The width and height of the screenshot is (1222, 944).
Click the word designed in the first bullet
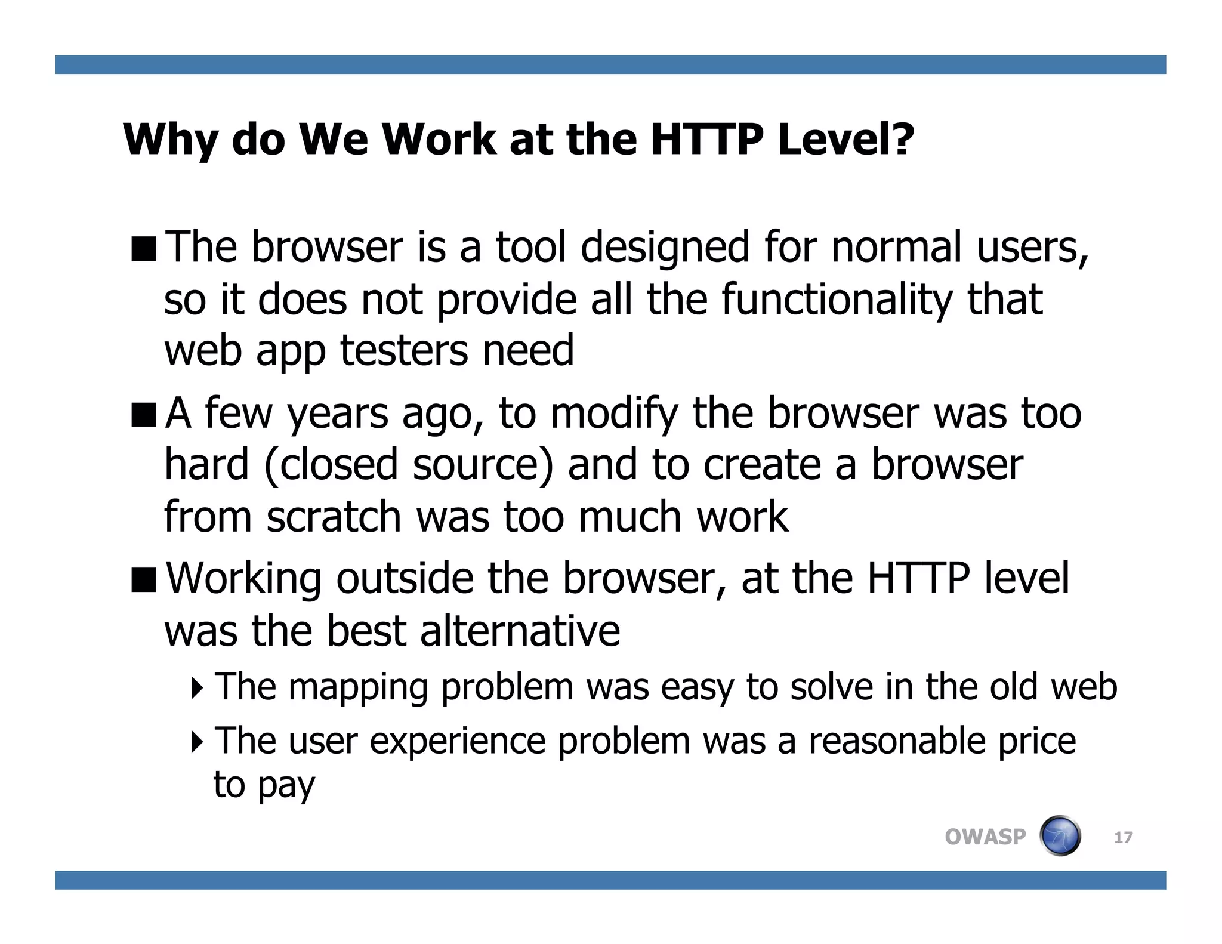(665, 248)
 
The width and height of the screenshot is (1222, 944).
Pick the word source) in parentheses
(483, 465)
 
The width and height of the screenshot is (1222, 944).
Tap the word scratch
(334, 517)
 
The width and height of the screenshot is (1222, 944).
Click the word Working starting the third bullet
(243, 579)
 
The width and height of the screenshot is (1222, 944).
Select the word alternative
(520, 631)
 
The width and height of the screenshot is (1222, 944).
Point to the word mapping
(358, 687)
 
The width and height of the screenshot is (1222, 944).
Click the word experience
(458, 741)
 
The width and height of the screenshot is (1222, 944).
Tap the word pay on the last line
(286, 785)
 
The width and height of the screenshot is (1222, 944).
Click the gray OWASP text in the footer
(985, 837)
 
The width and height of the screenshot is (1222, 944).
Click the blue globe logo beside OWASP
(1060, 836)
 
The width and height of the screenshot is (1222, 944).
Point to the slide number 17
(1123, 838)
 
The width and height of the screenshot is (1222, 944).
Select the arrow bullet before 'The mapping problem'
(197, 688)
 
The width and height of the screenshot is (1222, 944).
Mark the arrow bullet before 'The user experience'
(197, 742)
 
